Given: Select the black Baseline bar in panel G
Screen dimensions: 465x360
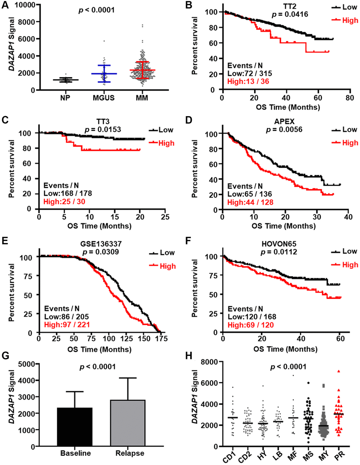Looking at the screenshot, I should point(75,427).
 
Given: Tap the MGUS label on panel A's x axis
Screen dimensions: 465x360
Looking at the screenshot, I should point(104,98).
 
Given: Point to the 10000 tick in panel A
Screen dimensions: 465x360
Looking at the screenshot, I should point(25,5).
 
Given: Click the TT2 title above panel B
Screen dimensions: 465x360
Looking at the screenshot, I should point(289,6).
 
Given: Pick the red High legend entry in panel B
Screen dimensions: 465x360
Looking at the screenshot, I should point(345,20).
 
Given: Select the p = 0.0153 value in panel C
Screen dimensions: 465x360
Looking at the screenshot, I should point(103,130).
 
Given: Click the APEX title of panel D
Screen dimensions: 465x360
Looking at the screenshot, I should point(284,121).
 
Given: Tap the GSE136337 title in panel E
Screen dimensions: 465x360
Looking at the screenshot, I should point(101,244).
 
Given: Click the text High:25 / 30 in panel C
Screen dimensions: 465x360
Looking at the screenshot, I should point(64,202).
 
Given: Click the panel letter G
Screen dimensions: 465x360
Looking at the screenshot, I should point(5,356).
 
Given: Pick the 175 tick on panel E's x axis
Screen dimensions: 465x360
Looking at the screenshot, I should point(162,339).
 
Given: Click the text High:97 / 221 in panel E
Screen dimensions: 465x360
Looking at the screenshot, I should point(67,325).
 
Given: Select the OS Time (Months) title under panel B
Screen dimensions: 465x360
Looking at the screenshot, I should point(288,107).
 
